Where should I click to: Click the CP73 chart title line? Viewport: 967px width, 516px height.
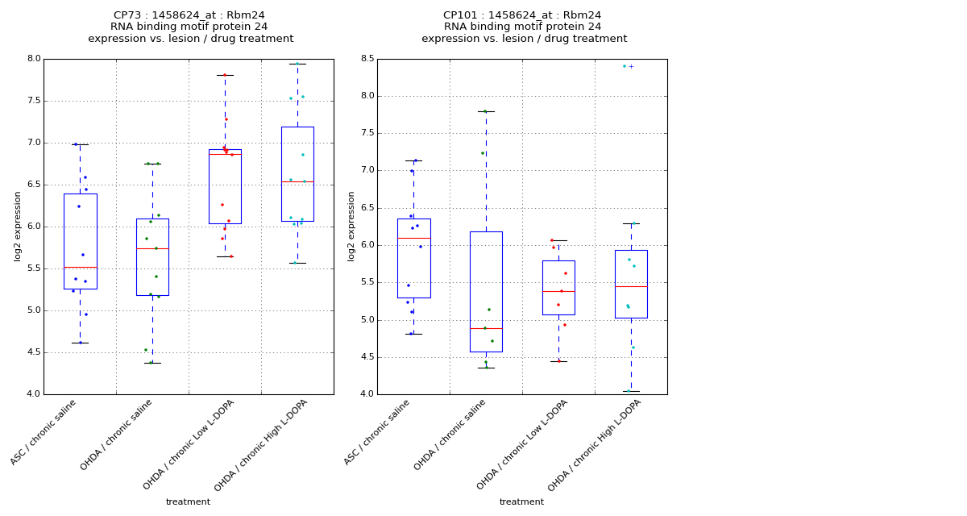click(x=189, y=15)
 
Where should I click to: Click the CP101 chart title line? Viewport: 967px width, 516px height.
click(x=522, y=15)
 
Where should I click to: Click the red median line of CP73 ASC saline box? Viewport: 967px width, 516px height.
click(x=80, y=267)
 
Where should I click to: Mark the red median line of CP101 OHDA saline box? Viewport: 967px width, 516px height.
click(x=486, y=328)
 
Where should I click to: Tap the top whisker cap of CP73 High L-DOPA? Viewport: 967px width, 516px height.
click(x=297, y=64)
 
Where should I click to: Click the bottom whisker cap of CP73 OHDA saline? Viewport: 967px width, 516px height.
click(x=152, y=363)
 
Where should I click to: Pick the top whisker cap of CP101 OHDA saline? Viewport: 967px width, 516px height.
click(x=486, y=111)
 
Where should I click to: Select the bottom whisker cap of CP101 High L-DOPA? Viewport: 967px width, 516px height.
click(x=631, y=391)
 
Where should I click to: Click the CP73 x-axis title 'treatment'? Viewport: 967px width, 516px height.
click(x=188, y=502)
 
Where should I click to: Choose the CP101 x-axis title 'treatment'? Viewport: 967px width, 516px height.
click(x=521, y=502)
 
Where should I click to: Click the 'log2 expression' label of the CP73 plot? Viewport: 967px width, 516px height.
click(x=18, y=226)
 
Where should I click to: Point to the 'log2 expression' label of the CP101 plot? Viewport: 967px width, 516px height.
click(x=351, y=226)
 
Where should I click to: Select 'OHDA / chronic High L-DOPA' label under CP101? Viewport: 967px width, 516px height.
click(x=595, y=445)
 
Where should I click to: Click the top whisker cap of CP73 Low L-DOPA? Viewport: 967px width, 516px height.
click(x=225, y=75)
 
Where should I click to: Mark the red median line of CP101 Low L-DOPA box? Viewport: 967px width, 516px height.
click(x=558, y=291)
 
